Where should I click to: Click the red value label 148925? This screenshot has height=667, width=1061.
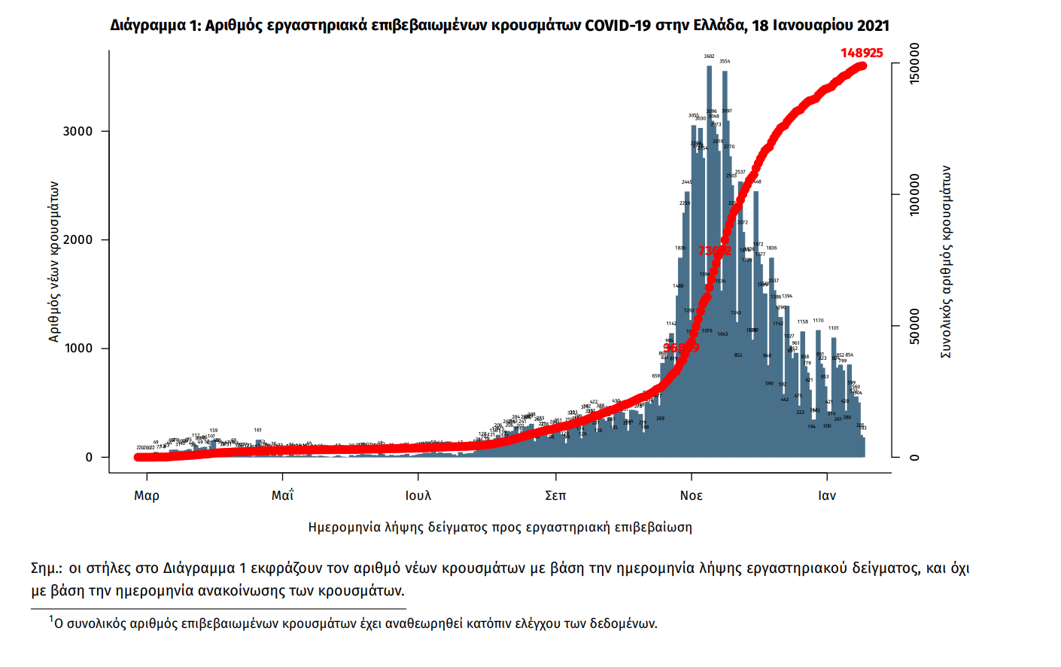(x=862, y=53)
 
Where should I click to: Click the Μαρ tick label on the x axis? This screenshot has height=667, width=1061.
(x=147, y=495)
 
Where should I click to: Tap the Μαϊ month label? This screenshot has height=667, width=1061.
(x=282, y=495)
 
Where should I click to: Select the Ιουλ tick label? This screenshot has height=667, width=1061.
(x=418, y=495)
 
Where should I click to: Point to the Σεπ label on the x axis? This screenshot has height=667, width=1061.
(x=555, y=495)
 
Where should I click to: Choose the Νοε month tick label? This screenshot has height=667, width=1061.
(x=691, y=495)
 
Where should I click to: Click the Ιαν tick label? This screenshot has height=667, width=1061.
(x=827, y=495)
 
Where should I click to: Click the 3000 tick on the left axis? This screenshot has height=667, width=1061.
(x=78, y=132)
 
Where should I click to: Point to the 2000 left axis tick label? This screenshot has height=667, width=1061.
(x=78, y=240)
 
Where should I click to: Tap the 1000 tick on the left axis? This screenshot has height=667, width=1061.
(x=78, y=349)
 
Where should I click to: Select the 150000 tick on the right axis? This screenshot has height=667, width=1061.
(x=914, y=64)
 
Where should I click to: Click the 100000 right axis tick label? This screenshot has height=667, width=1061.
(x=914, y=195)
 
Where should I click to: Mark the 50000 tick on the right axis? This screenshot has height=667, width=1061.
(x=914, y=326)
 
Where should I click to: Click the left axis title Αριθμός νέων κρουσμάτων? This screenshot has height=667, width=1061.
(x=53, y=261)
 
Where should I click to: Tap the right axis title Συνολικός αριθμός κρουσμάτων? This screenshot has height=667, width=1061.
(x=946, y=261)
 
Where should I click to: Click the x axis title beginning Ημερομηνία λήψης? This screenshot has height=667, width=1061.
(x=500, y=527)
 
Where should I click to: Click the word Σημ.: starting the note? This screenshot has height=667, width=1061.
(x=47, y=568)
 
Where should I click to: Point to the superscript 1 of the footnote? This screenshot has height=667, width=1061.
(x=51, y=619)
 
